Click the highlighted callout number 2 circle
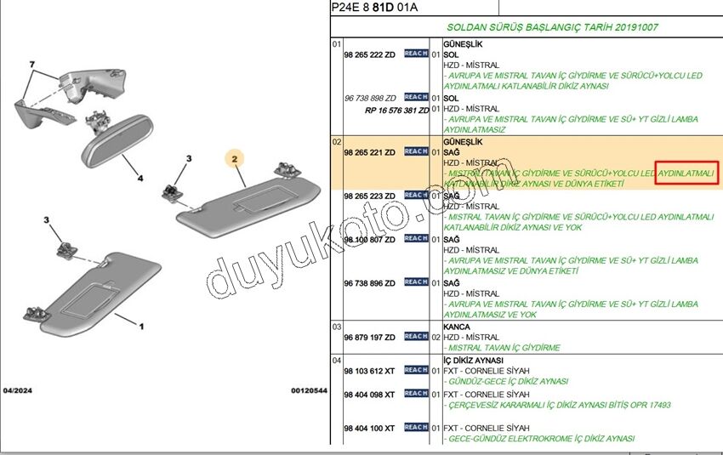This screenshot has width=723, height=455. coord(235,157)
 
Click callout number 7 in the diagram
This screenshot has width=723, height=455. coord(31,65)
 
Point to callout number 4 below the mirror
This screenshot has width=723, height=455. coord(140,179)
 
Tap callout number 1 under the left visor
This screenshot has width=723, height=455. coord(141,325)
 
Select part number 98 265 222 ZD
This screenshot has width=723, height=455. coord(369,54)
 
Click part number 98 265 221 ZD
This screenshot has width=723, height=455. coord(369,152)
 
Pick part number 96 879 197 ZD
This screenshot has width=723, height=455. coord(369,337)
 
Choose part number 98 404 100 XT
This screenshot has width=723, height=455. coord(369,428)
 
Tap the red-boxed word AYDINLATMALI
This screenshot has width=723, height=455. coord(687,173)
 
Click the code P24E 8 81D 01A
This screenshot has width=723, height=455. coord(375,8)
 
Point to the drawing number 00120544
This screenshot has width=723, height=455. coord(309,390)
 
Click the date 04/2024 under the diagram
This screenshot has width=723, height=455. coord(18,390)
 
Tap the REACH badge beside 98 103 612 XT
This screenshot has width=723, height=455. coord(416,370)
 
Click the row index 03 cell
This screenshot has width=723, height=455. coord(337,327)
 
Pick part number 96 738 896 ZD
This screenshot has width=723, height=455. coord(369,282)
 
